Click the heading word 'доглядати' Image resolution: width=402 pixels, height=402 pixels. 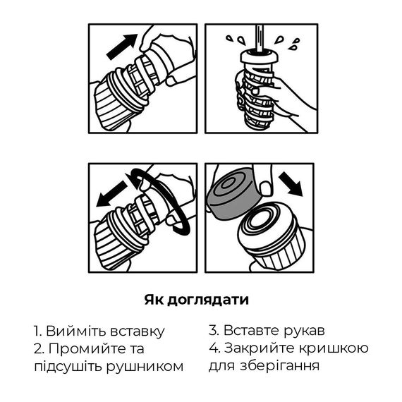point(207,300)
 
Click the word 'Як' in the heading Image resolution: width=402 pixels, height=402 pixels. point(154,300)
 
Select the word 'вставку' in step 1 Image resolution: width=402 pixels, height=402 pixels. point(137,332)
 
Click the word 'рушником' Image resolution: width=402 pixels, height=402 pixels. point(145,367)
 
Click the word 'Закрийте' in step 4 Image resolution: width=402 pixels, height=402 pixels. point(260,348)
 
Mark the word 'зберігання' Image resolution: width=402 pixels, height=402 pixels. point(279,365)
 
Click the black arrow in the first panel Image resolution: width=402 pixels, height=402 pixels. point(122,47)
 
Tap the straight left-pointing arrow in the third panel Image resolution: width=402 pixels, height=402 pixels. point(111,193)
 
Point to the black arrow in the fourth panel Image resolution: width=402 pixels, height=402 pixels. point(291,183)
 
